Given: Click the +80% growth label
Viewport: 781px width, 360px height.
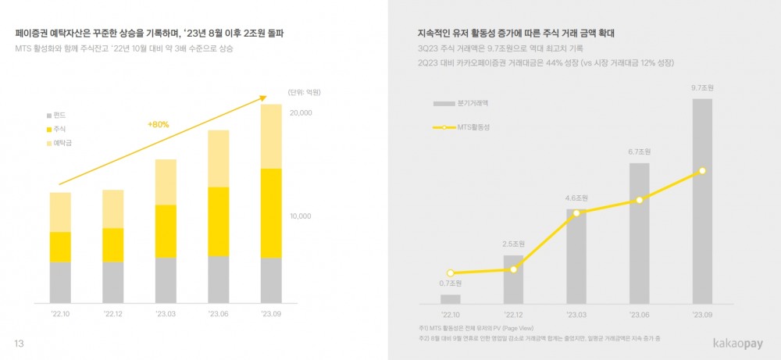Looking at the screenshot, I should click(158, 124).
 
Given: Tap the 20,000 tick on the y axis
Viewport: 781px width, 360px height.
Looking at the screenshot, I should click(301, 113).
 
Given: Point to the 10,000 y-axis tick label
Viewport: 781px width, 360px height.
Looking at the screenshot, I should click(301, 216).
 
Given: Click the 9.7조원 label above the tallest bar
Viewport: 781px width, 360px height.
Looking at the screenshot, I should click(702, 88).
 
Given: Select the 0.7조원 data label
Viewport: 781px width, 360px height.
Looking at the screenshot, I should click(450, 283).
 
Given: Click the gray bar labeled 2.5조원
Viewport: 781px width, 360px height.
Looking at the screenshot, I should click(513, 279).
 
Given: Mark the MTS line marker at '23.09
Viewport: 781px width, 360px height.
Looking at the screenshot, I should click(702, 170).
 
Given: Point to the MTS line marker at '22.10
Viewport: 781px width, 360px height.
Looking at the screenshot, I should click(450, 273).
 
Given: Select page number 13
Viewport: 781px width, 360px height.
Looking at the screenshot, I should click(20, 344).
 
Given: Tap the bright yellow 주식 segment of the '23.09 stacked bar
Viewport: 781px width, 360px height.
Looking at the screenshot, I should click(270, 212).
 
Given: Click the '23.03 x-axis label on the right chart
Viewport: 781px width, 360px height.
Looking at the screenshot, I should click(576, 314).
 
